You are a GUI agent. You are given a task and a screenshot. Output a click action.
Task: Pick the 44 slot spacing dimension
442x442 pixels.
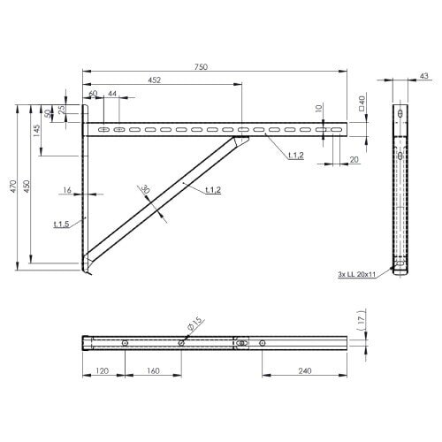tap(111, 94)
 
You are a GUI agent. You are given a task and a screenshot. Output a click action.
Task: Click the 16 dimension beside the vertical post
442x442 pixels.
tap(67, 190)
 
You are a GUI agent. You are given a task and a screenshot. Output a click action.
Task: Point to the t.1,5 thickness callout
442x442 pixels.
tap(61, 225)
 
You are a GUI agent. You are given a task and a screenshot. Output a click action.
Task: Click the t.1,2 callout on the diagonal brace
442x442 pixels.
tap(212, 190)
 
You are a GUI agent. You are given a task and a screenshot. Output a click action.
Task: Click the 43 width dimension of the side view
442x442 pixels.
tap(423, 77)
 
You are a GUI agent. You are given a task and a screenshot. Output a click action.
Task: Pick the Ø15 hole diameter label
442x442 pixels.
tap(196, 324)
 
